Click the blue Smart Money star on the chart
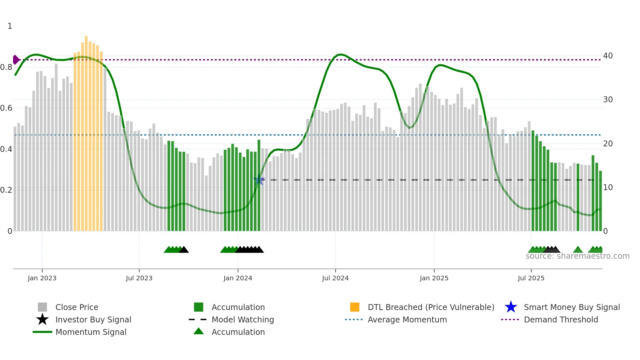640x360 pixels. (x=259, y=180)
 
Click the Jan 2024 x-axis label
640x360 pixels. (x=238, y=278)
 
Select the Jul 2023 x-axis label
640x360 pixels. (x=139, y=278)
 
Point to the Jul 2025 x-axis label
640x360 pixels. (x=531, y=278)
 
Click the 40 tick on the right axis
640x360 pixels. (x=608, y=56)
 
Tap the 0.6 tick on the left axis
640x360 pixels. (x=7, y=108)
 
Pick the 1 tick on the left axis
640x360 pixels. (x=10, y=26)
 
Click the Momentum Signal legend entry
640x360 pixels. (x=91, y=332)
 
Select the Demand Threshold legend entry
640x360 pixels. (x=561, y=319)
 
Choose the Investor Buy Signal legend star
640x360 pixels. (x=42, y=319)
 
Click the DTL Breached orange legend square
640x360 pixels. (x=355, y=307)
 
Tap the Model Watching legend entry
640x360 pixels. (x=243, y=319)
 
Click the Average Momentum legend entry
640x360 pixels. (x=407, y=319)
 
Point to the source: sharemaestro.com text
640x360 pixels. (x=577, y=256)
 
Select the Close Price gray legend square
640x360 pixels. (x=42, y=307)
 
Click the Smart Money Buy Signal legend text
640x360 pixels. (x=571, y=307)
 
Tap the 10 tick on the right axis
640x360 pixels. (x=608, y=188)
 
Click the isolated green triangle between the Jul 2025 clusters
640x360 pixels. (x=578, y=250)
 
